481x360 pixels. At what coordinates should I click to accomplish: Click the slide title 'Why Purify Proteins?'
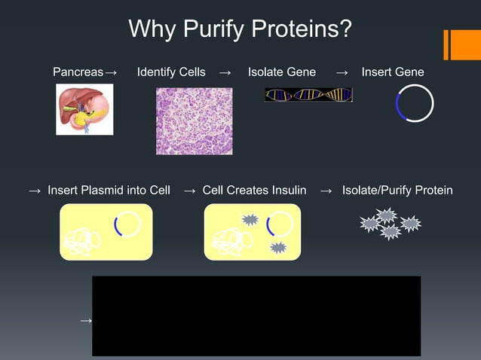(x=240, y=29)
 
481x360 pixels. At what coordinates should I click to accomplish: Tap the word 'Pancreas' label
(x=78, y=72)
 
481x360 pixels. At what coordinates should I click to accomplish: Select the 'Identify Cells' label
(x=171, y=72)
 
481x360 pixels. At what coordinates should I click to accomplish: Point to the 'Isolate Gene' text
(x=282, y=72)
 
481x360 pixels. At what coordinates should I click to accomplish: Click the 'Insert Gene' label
(x=393, y=72)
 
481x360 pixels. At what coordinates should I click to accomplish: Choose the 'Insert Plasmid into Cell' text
(x=109, y=190)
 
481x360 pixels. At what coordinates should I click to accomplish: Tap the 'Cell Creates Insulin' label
(x=254, y=190)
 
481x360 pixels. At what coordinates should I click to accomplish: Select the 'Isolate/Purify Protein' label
(x=397, y=190)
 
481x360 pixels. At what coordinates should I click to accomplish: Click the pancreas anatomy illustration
(x=84, y=109)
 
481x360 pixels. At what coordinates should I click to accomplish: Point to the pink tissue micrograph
(x=194, y=121)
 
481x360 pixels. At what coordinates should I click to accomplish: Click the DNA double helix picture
(x=308, y=95)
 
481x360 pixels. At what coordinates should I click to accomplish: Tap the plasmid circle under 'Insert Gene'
(x=415, y=103)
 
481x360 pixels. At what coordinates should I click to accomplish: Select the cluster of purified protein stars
(x=390, y=224)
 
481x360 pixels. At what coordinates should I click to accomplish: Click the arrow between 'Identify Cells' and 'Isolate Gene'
(x=225, y=73)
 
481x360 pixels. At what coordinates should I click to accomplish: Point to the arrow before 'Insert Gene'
(x=342, y=73)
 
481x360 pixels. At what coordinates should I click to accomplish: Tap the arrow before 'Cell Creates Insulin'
(x=190, y=191)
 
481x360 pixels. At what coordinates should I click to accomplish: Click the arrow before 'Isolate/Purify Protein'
(x=326, y=191)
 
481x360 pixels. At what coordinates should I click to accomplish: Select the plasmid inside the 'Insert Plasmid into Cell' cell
(x=127, y=224)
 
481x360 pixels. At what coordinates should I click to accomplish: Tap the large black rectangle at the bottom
(x=256, y=316)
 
